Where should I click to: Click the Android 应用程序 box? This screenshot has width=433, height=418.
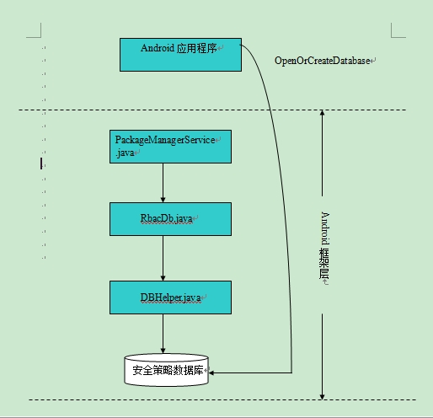[x=180, y=55]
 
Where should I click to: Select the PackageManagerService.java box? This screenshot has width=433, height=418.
[x=170, y=147]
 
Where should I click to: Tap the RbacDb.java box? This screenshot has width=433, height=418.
[x=170, y=219]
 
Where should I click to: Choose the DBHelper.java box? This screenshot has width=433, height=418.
[x=170, y=297]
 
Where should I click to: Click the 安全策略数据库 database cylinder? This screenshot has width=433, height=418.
[x=166, y=370]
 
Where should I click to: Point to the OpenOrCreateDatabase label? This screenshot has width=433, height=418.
[x=322, y=61]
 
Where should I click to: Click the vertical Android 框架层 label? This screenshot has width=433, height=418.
[x=324, y=245]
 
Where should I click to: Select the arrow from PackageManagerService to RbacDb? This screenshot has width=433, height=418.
[x=163, y=183]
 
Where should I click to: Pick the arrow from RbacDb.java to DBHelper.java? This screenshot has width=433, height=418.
[x=163, y=258]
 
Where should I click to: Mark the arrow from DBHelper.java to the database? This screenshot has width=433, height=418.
[x=163, y=334]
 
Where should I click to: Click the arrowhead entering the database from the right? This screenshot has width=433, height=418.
[x=211, y=372]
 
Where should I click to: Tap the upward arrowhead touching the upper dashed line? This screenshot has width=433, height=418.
[x=322, y=112]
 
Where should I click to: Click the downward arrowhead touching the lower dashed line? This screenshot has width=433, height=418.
[x=322, y=397]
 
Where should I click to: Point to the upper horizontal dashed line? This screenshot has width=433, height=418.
[x=212, y=110]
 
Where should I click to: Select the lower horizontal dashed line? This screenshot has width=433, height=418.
[x=222, y=399]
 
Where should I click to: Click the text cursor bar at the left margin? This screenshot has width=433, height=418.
[x=41, y=163]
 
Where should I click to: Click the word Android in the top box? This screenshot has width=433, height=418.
[x=158, y=48]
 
